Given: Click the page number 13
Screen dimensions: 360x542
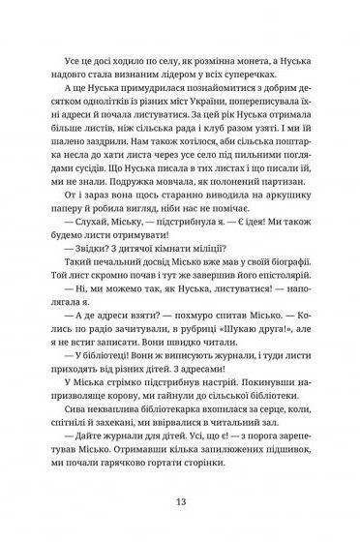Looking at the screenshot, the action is pyautogui.click(x=180, y=501).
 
